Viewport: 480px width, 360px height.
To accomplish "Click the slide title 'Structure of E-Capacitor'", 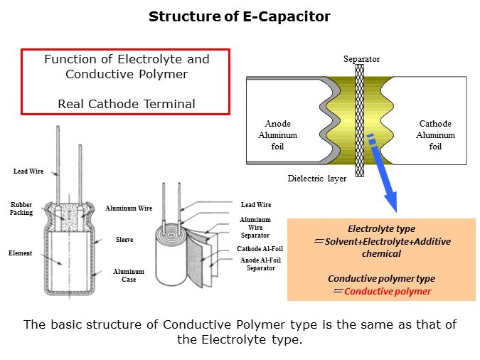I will coord(239,16).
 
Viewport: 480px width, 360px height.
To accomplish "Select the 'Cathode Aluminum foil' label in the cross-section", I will coord(435,135).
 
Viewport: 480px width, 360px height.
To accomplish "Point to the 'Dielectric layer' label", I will coord(317,179).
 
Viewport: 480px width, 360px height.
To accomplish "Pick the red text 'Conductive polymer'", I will coord(388,292).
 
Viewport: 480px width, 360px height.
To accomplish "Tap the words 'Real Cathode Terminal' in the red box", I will coord(126,104).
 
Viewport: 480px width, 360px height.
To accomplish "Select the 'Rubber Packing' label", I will coord(21,208).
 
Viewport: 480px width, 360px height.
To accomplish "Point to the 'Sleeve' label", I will coord(124,240).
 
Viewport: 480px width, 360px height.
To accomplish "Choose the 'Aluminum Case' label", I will coord(128,275).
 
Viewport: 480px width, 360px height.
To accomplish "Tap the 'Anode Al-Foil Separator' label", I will coord(260,264).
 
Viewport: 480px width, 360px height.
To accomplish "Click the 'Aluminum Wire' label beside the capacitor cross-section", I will coord(129,208).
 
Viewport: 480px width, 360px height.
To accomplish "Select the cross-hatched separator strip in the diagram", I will coord(361,121).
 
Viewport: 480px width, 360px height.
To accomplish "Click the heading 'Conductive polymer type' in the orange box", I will coord(381,278).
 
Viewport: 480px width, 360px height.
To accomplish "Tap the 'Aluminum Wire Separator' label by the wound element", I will coord(255,228).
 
